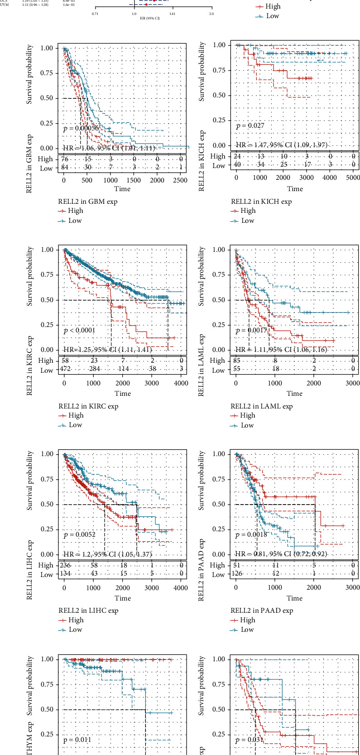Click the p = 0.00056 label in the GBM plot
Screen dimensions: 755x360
pyautogui.click(x=81, y=129)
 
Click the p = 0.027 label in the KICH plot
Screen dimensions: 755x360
pyautogui.click(x=250, y=125)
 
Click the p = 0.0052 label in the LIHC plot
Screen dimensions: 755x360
pyautogui.click(x=79, y=535)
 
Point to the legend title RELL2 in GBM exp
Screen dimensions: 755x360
pyautogui.click(x=87, y=202)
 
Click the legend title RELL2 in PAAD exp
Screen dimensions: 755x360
pyautogui.click(x=262, y=611)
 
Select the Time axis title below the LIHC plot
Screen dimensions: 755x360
pyautogui.click(x=123, y=598)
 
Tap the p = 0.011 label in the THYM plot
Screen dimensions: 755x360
pyautogui.click(x=77, y=740)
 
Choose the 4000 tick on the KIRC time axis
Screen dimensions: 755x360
pyautogui.click(x=181, y=383)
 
